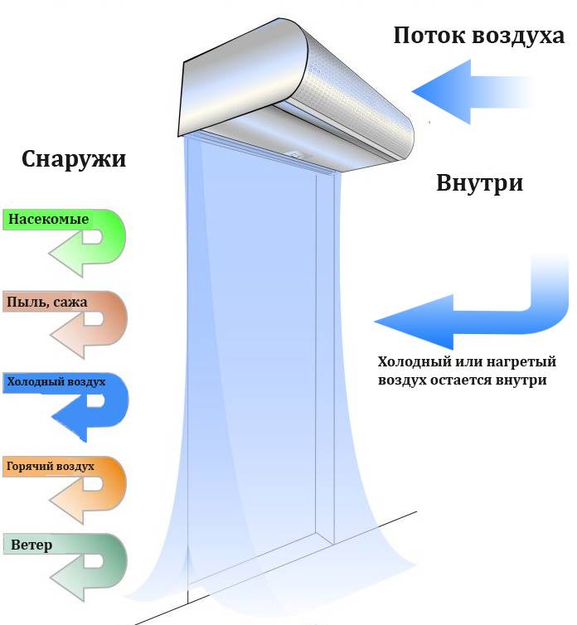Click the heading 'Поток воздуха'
click(x=478, y=36)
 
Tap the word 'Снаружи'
click(x=75, y=158)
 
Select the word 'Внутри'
click(x=479, y=182)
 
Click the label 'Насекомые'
click(x=47, y=220)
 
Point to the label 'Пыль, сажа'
click(x=46, y=302)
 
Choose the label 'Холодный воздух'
click(x=56, y=382)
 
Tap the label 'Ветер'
click(x=32, y=545)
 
